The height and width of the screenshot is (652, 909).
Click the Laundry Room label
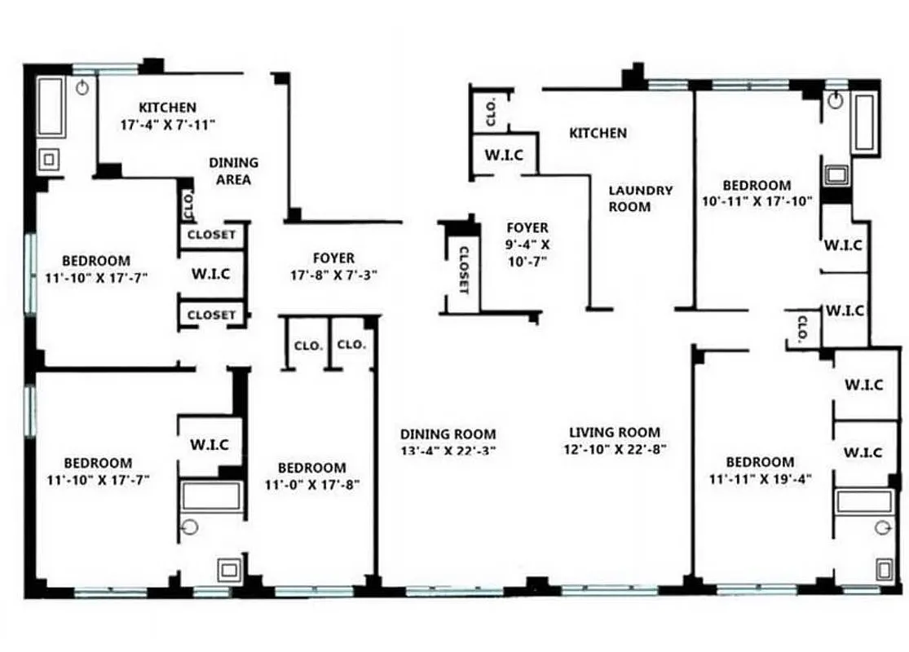click(641, 198)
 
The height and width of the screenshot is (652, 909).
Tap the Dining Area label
click(233, 171)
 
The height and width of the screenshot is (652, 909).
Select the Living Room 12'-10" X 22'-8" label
click(615, 440)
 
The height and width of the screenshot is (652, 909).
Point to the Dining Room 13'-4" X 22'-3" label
click(448, 442)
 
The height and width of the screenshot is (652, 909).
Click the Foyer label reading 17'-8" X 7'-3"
click(333, 267)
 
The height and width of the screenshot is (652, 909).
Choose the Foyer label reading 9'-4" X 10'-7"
click(527, 244)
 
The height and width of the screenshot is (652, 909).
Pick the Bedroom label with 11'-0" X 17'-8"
click(311, 476)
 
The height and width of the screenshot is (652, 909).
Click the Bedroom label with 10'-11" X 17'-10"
click(757, 193)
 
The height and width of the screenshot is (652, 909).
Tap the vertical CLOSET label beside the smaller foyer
click(464, 270)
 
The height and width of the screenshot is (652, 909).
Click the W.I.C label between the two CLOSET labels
click(211, 275)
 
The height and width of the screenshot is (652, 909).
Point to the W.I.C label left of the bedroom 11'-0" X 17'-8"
click(210, 445)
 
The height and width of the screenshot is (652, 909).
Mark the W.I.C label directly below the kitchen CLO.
click(504, 155)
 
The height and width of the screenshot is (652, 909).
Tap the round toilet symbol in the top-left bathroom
click(82, 87)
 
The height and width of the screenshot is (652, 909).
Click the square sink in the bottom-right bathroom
click(884, 568)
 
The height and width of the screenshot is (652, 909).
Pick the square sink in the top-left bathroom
click(49, 160)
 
